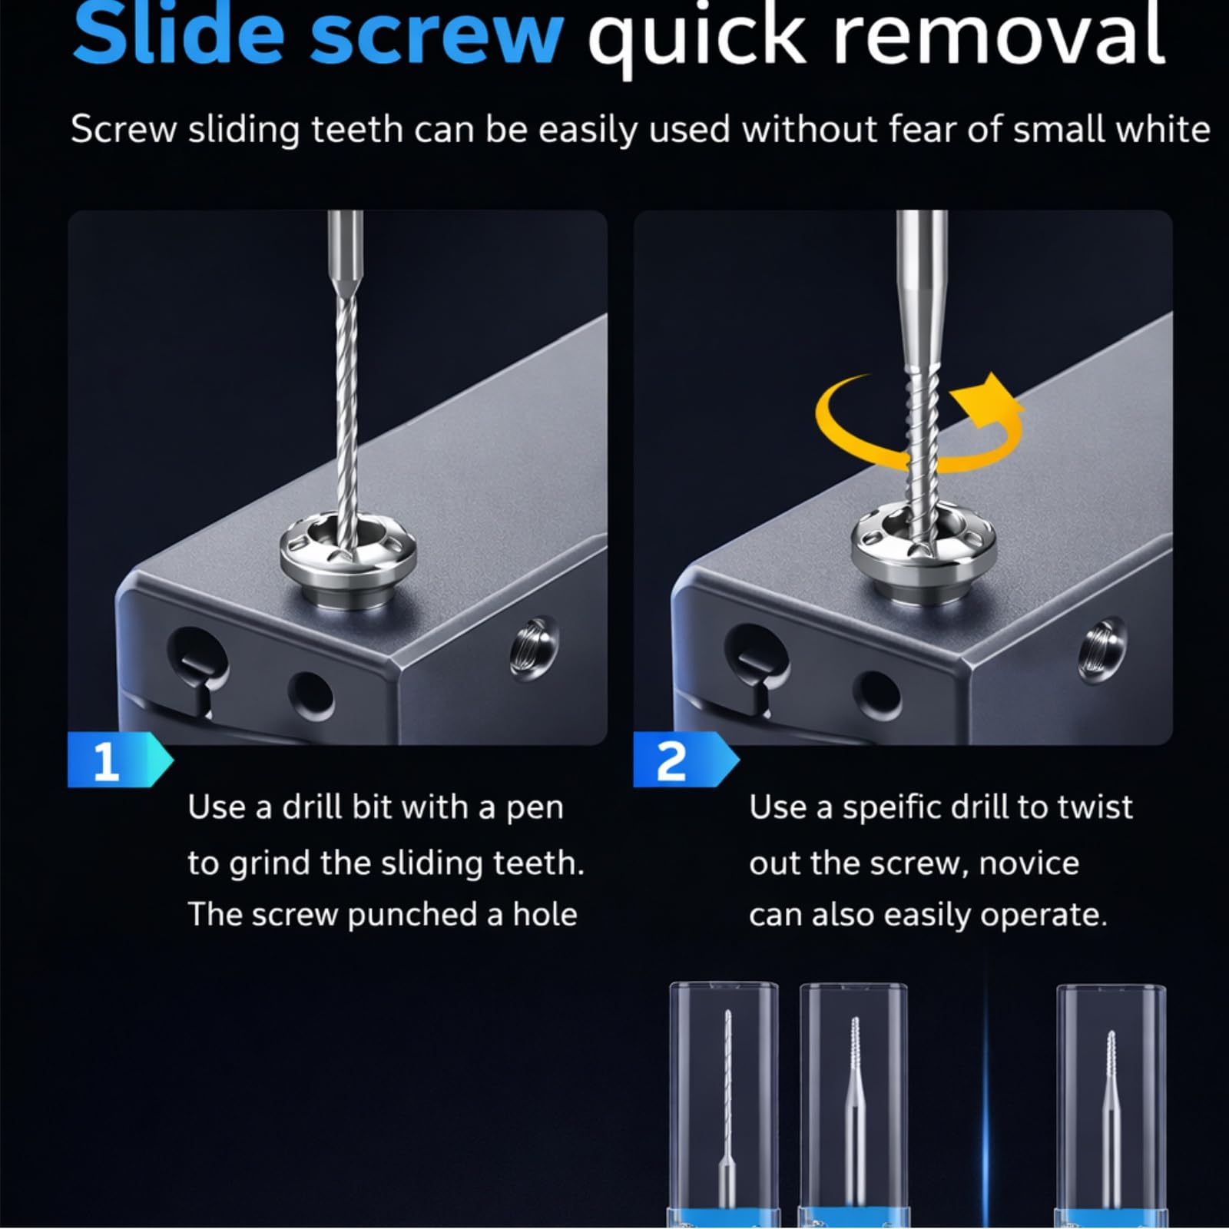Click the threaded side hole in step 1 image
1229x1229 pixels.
(x=535, y=649)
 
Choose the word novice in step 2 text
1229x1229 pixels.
(x=1029, y=863)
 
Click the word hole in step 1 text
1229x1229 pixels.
(x=545, y=914)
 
